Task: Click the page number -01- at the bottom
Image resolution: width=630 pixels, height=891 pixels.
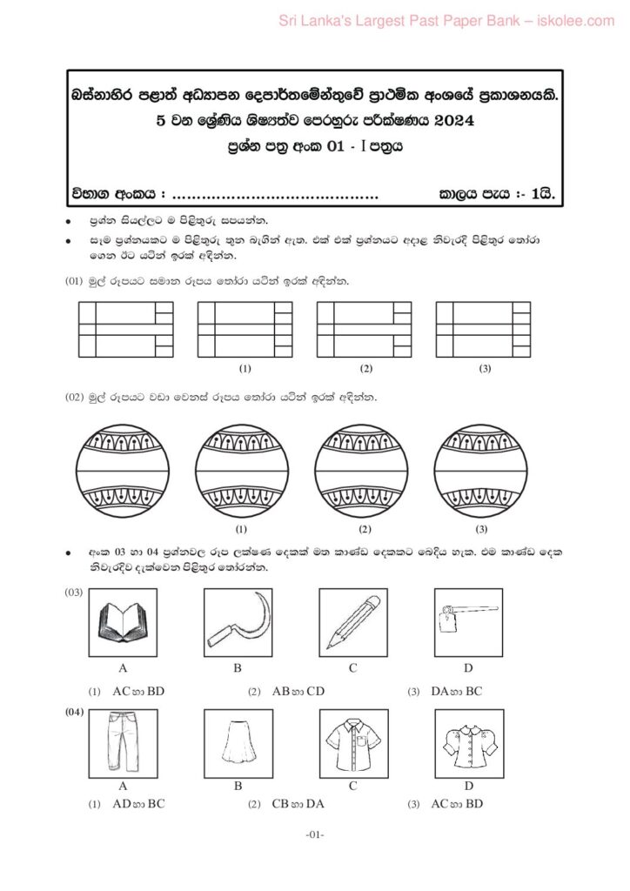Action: (x=315, y=836)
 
